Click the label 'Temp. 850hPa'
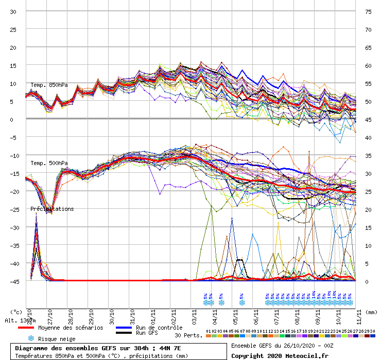point(49,85)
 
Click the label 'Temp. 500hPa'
point(49,163)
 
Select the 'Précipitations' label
point(51,209)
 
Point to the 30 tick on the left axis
point(13,11)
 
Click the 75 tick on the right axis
point(368,11)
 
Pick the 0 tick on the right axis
point(367,281)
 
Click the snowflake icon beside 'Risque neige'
point(30,338)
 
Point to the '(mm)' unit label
point(372,312)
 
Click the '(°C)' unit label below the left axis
point(16,312)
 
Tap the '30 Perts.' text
point(188,335)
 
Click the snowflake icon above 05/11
point(241,302)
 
